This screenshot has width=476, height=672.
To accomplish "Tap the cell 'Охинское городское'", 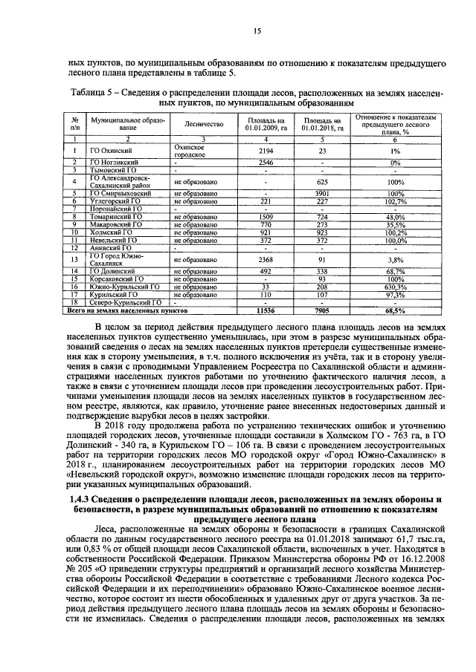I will click(x=189, y=151).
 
